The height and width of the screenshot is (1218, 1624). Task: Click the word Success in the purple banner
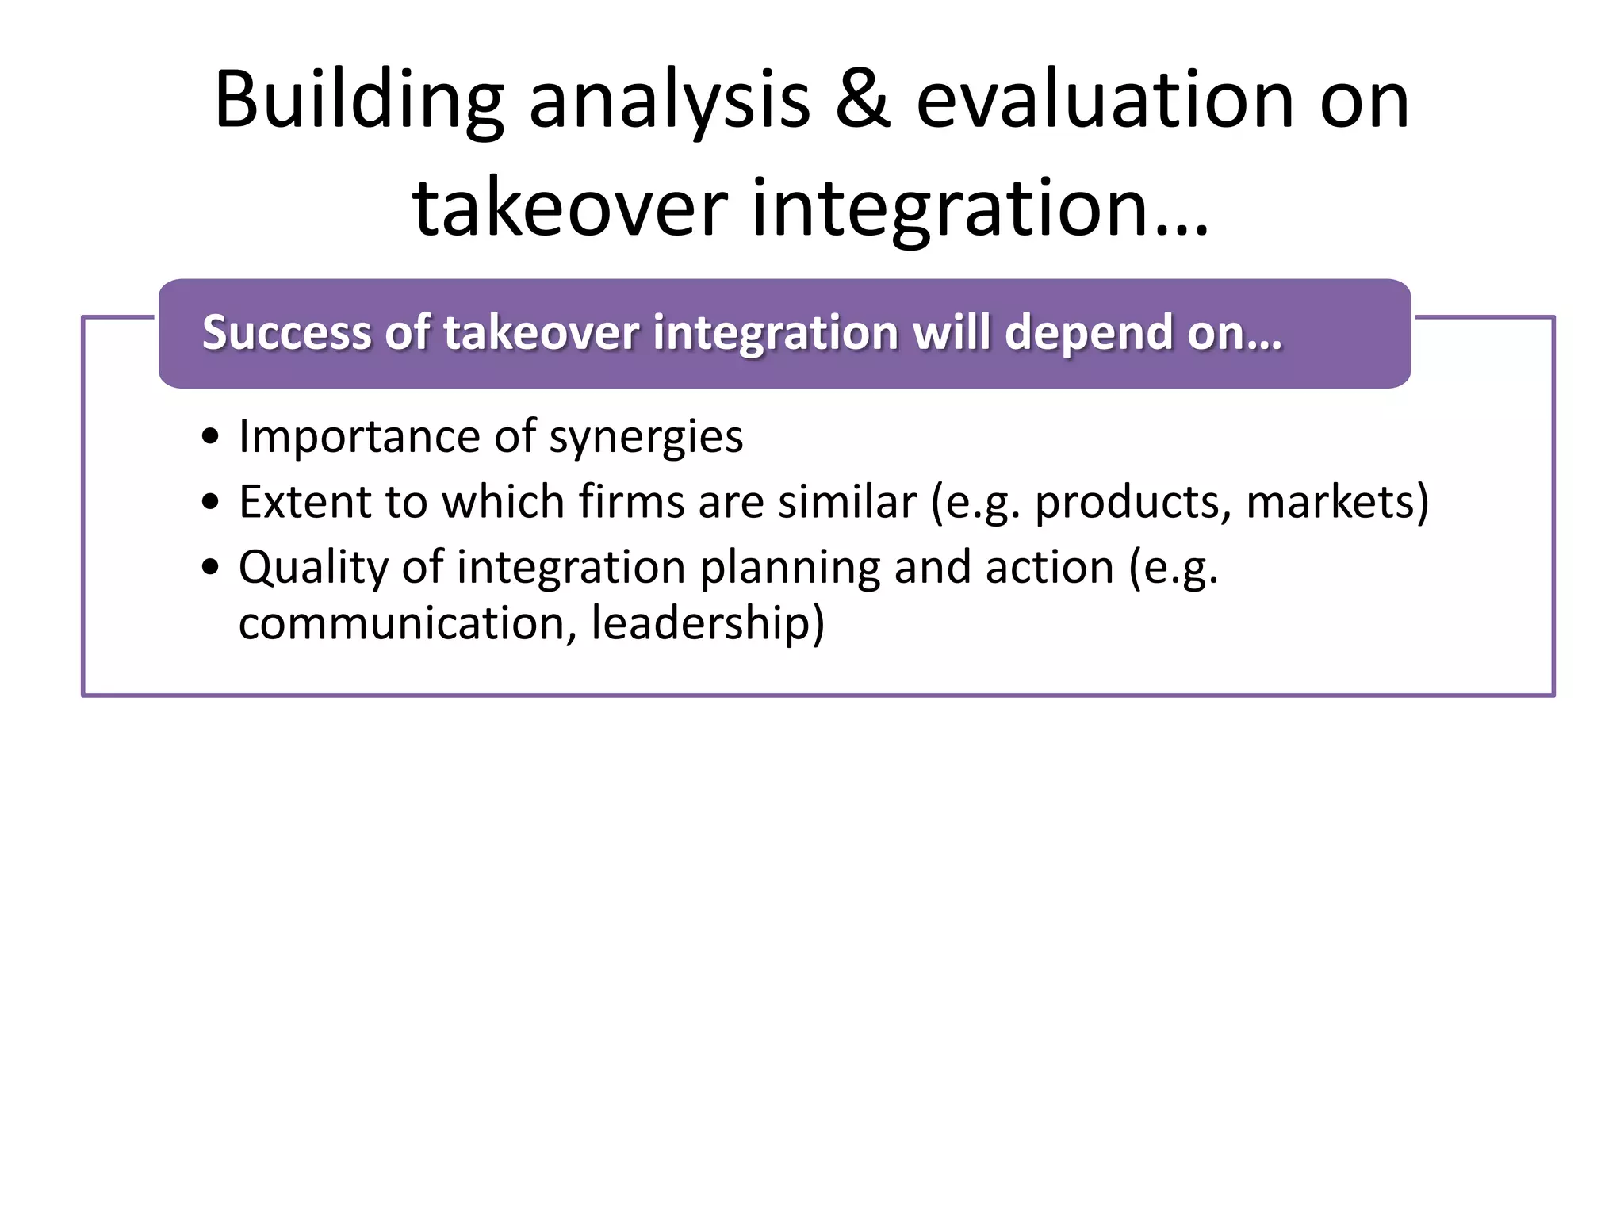click(286, 332)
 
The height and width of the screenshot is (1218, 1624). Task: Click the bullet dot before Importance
click(210, 437)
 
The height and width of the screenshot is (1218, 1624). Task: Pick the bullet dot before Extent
click(210, 502)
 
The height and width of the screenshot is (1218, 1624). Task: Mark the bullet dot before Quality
click(210, 568)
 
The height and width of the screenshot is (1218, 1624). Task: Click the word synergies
click(645, 438)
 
